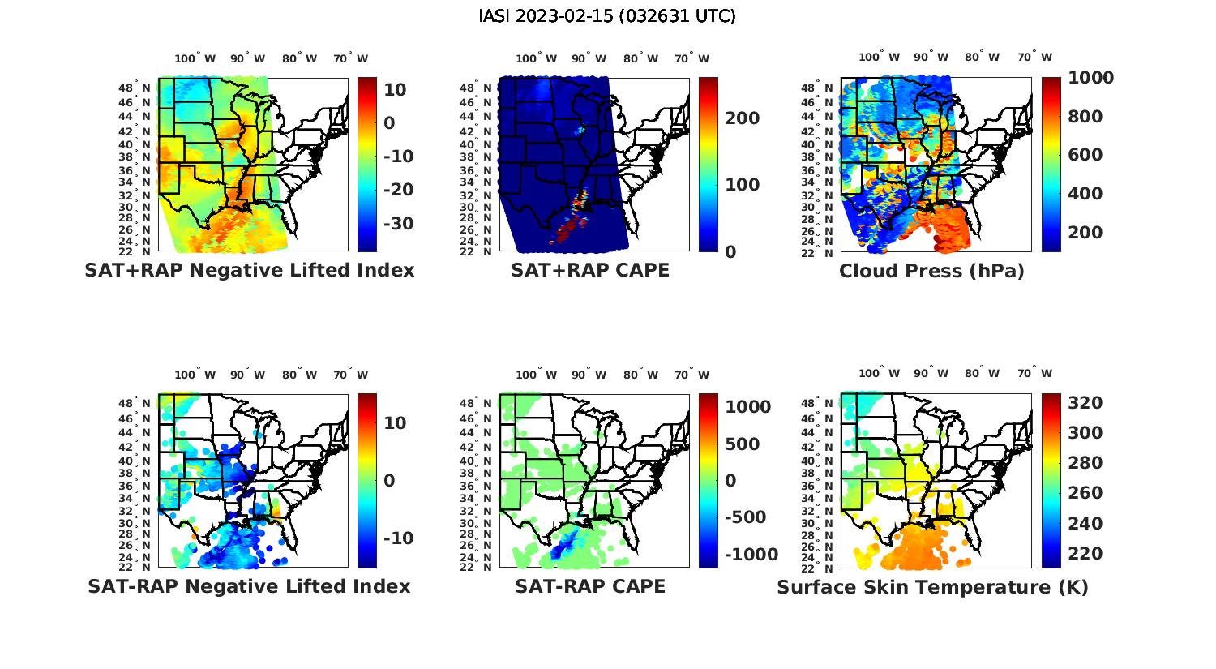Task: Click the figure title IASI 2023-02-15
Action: click(607, 16)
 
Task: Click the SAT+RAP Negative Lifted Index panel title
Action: click(250, 270)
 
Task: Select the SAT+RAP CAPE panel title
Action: click(590, 270)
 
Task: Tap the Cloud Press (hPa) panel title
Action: click(931, 271)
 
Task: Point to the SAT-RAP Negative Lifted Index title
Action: click(250, 586)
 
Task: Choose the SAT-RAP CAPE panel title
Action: click(590, 586)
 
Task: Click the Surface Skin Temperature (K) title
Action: click(932, 587)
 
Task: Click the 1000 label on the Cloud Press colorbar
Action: click(1090, 78)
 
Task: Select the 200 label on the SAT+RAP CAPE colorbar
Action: click(742, 118)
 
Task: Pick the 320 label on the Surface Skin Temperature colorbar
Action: click(1085, 403)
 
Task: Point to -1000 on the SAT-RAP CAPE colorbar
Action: click(751, 555)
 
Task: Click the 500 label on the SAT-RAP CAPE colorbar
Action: click(742, 444)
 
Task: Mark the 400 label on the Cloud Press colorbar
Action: click(1085, 194)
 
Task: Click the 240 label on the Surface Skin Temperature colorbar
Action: click(1085, 524)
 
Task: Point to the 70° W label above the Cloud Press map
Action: click(1034, 57)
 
